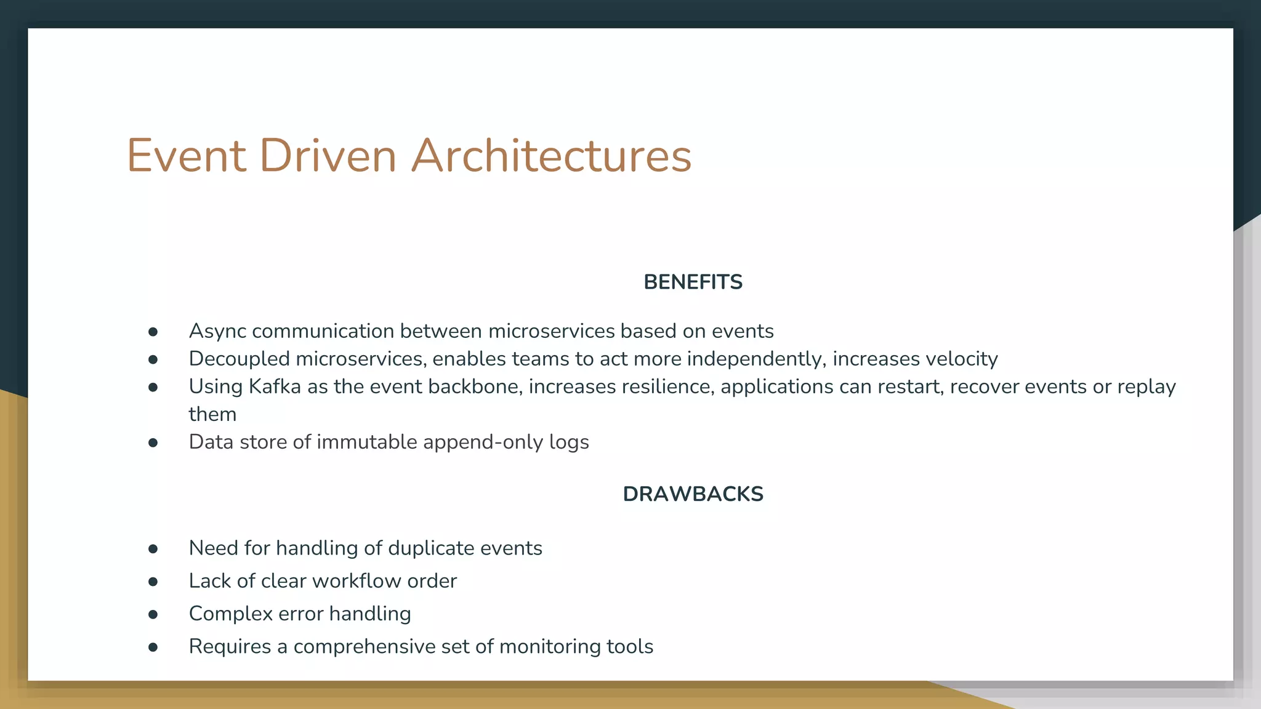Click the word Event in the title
187,156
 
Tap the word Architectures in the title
551,156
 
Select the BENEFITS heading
693,282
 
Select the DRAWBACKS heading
693,494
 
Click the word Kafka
275,387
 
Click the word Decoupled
239,359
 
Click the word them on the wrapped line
212,414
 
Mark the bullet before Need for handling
153,549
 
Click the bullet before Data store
153,443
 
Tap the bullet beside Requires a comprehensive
153,647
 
